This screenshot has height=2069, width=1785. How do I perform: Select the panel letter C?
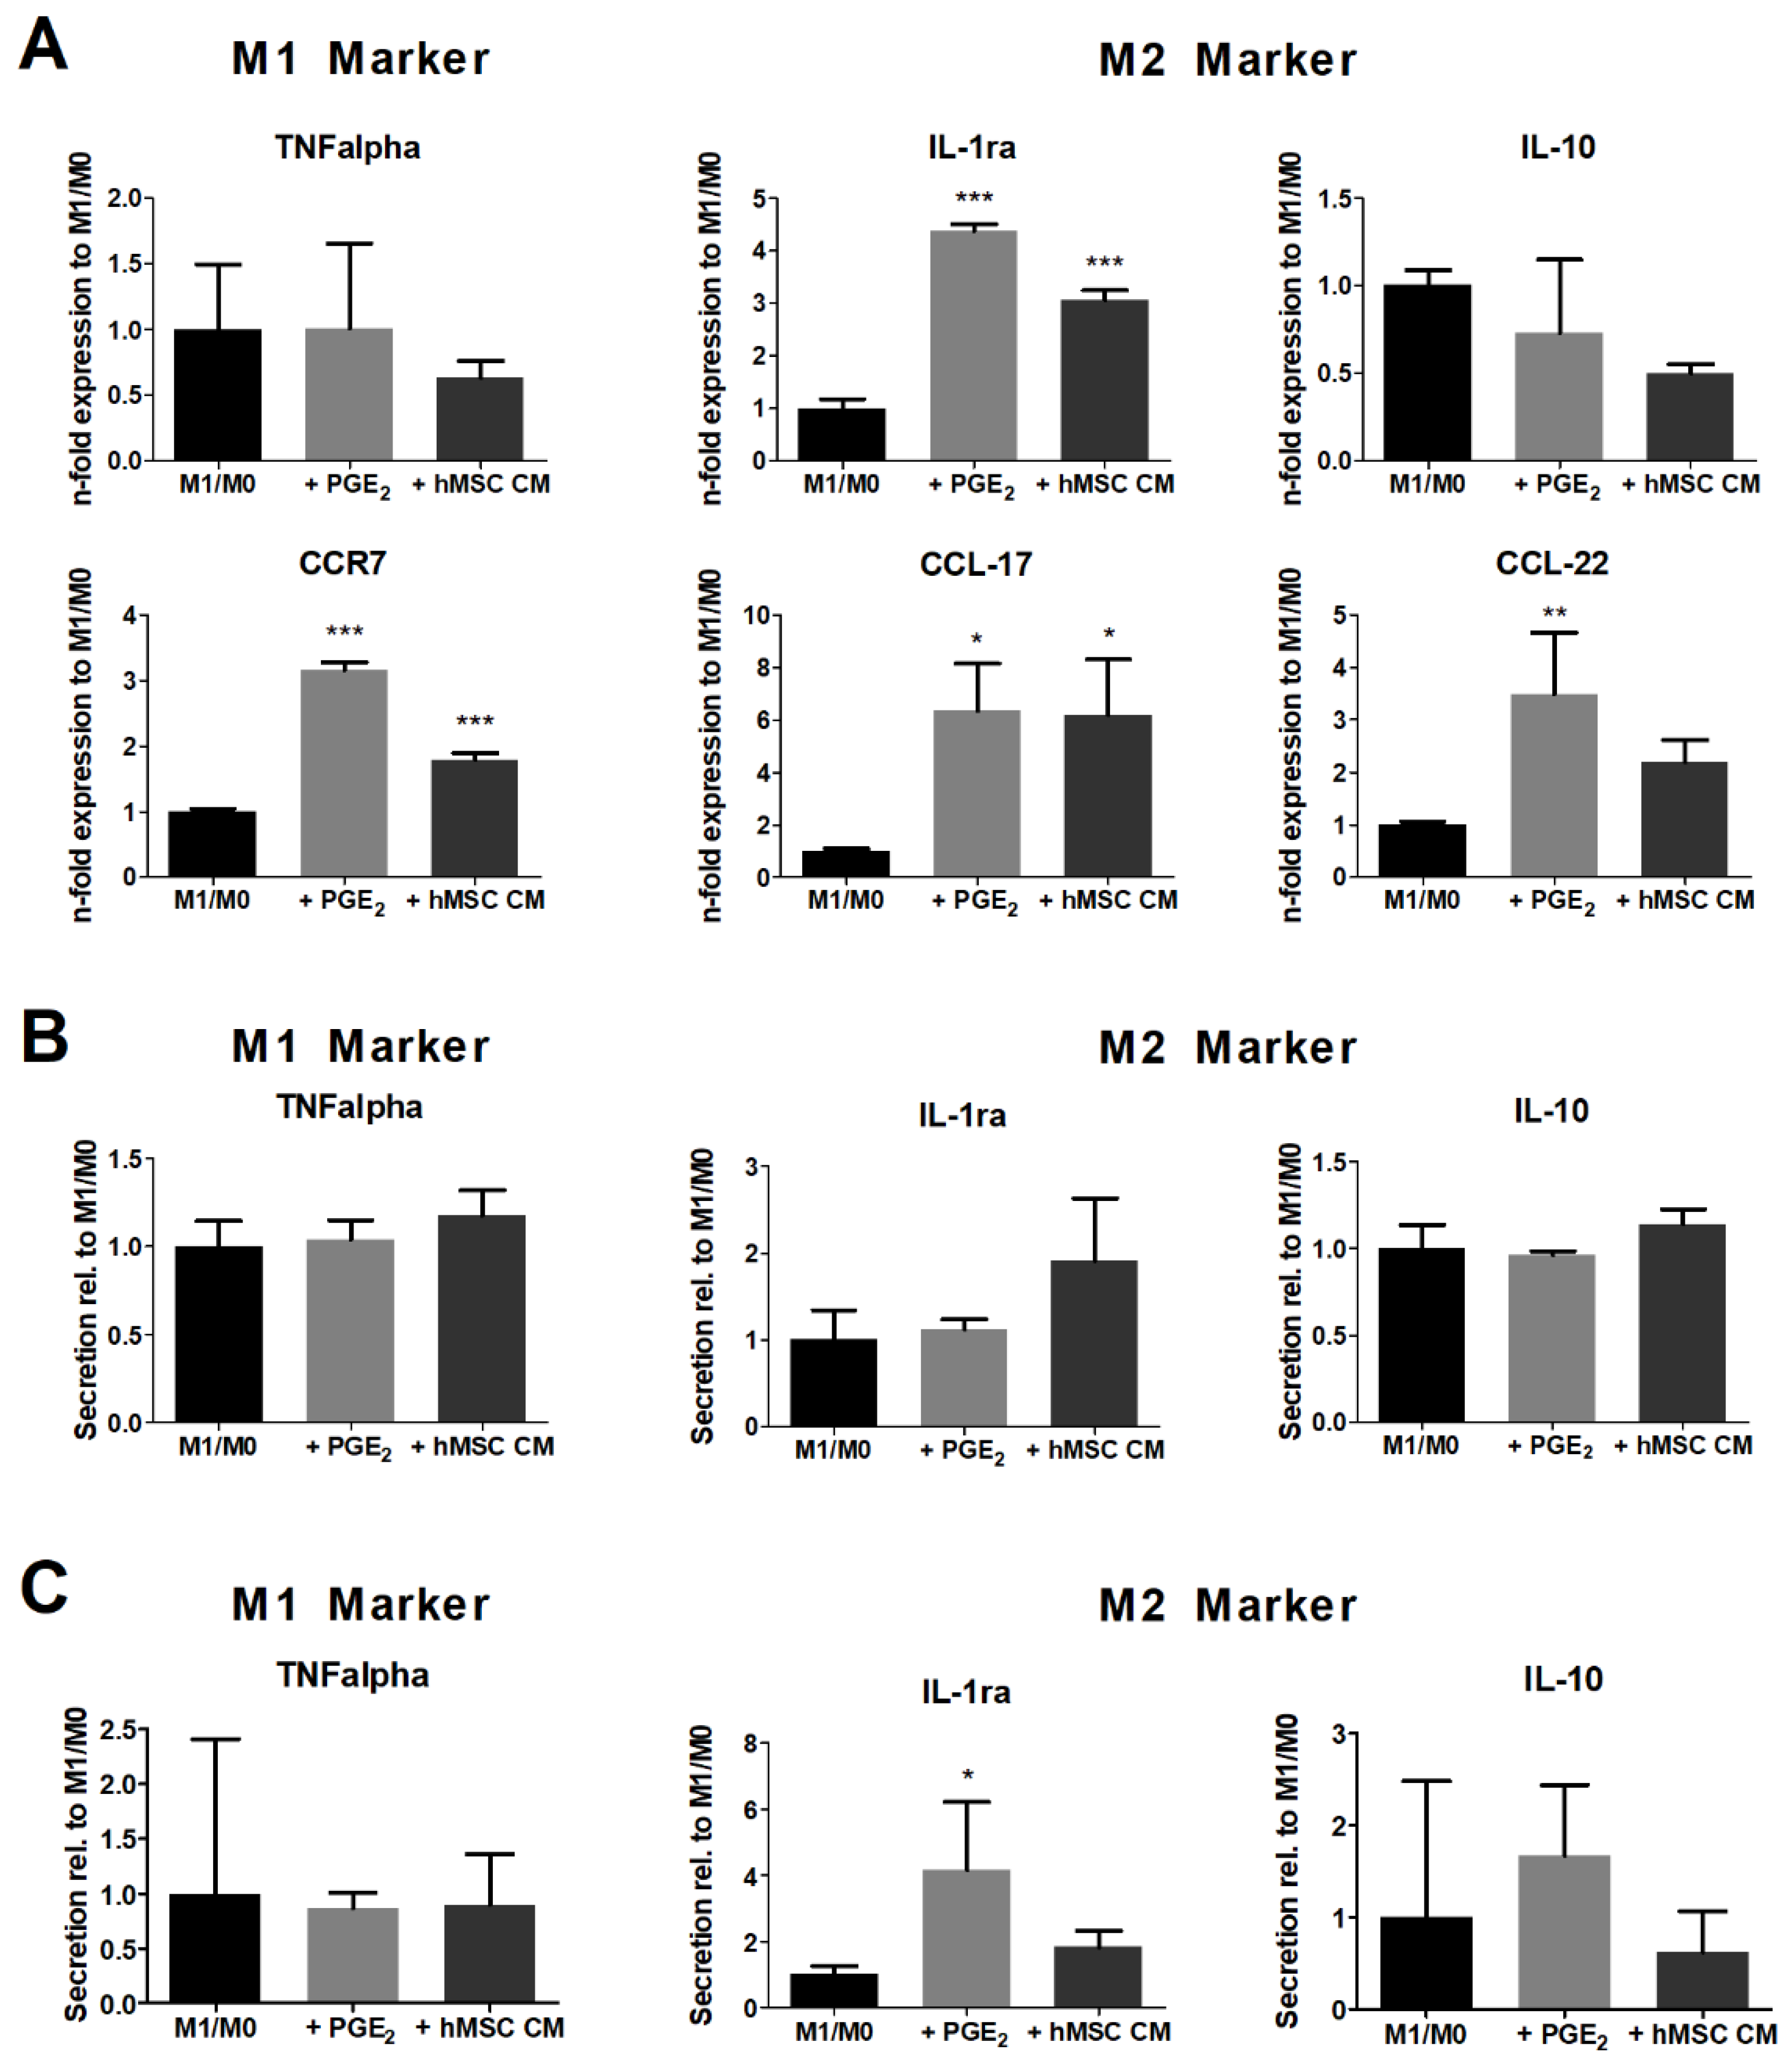(x=44, y=1589)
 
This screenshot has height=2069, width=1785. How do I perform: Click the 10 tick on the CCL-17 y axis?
(x=756, y=615)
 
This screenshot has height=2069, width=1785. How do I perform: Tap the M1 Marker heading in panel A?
(x=360, y=59)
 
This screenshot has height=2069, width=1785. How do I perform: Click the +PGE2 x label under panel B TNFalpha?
(x=348, y=1447)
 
